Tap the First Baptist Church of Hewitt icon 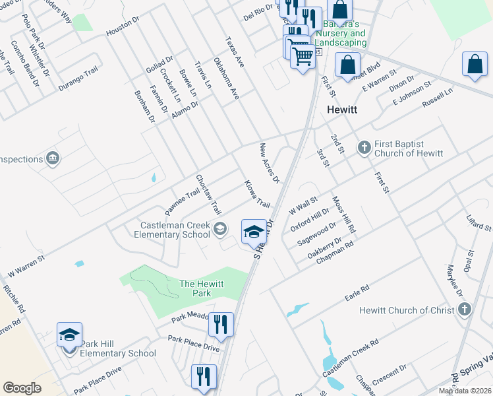364,148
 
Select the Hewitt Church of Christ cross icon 464,310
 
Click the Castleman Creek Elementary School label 172,230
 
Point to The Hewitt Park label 202,288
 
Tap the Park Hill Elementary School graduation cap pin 69,335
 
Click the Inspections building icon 52,158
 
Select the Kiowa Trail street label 257,193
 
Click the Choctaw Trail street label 208,194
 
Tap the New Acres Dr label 270,163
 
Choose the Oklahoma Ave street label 227,79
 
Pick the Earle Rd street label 357,293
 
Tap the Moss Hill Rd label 344,216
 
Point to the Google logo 22,388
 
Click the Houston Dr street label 123,26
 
